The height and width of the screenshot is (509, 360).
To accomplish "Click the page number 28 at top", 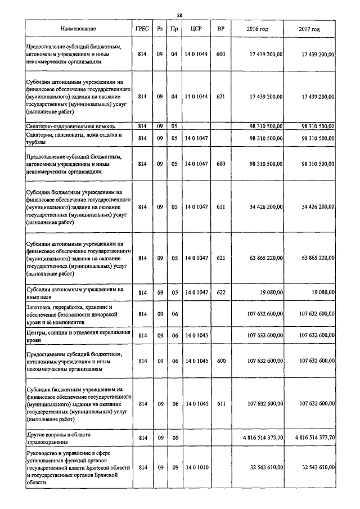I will [x=179, y=15].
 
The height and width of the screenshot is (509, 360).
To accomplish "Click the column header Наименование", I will [x=79, y=28].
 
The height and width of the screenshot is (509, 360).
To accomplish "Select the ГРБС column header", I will [x=142, y=28].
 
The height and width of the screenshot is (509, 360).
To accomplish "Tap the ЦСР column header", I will [x=196, y=28].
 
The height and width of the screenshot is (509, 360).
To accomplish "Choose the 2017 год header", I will [x=309, y=28].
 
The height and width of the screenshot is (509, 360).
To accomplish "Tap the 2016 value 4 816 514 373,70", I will [x=255, y=436].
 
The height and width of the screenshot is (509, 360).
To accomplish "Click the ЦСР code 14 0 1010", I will [x=196, y=467].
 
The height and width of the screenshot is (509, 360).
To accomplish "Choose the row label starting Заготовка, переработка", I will [x=71, y=315].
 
